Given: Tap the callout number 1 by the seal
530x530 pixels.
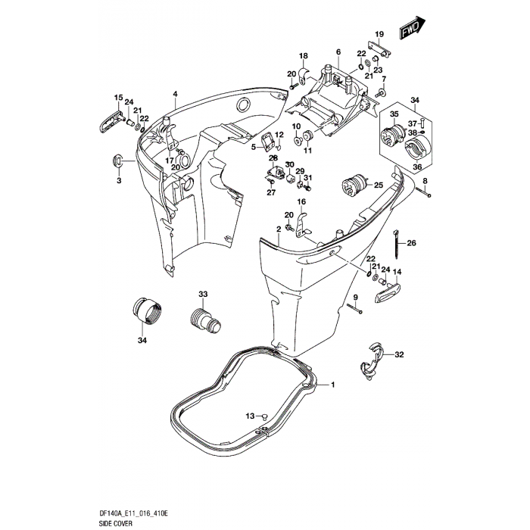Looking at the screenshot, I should click(x=330, y=385).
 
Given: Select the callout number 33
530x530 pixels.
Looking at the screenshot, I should click(x=181, y=293).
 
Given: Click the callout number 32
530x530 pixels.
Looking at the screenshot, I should click(x=400, y=354).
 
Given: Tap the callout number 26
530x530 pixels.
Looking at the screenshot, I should click(x=412, y=243).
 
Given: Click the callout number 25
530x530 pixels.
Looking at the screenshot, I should click(x=378, y=185).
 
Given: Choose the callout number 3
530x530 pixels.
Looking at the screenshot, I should click(x=118, y=181).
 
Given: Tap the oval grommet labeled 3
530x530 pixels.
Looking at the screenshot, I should click(x=118, y=161).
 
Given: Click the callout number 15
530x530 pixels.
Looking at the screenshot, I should click(x=118, y=98).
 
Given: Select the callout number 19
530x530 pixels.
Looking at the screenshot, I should click(x=379, y=34).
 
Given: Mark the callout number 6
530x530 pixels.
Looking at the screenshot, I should click(x=338, y=51).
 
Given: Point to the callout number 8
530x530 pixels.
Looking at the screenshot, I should click(x=425, y=179).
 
